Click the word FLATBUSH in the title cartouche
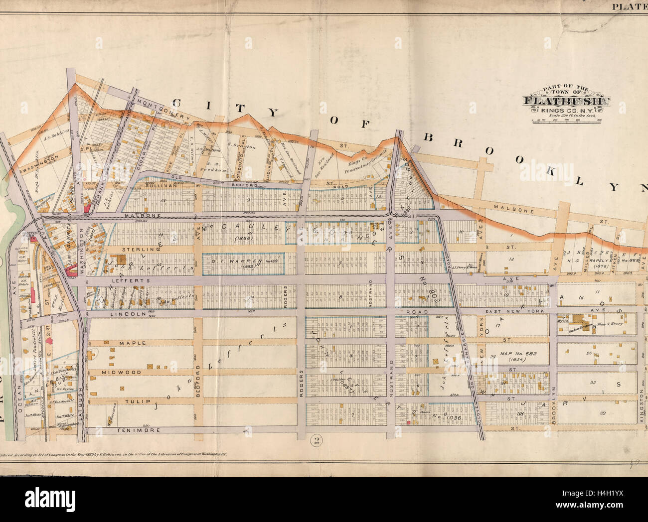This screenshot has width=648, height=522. click(x=567, y=101)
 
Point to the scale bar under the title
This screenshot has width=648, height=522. click(x=567, y=120)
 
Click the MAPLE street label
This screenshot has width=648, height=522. click(x=132, y=343)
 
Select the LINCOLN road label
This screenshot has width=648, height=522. click(x=132, y=314)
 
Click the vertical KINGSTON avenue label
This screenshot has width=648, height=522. click(x=641, y=411)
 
